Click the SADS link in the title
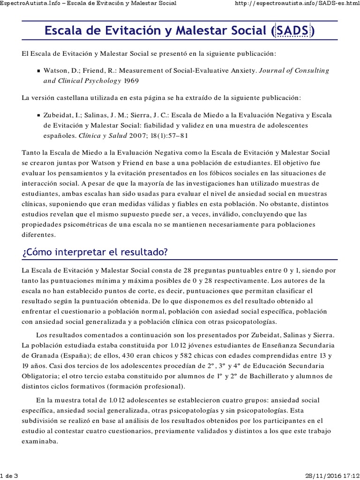pyautogui.click(x=292, y=31)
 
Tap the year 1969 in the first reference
pyautogui.click(x=131, y=80)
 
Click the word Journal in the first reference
pyautogui.click(x=273, y=70)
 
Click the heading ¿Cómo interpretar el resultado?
pyautogui.click(x=95, y=252)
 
